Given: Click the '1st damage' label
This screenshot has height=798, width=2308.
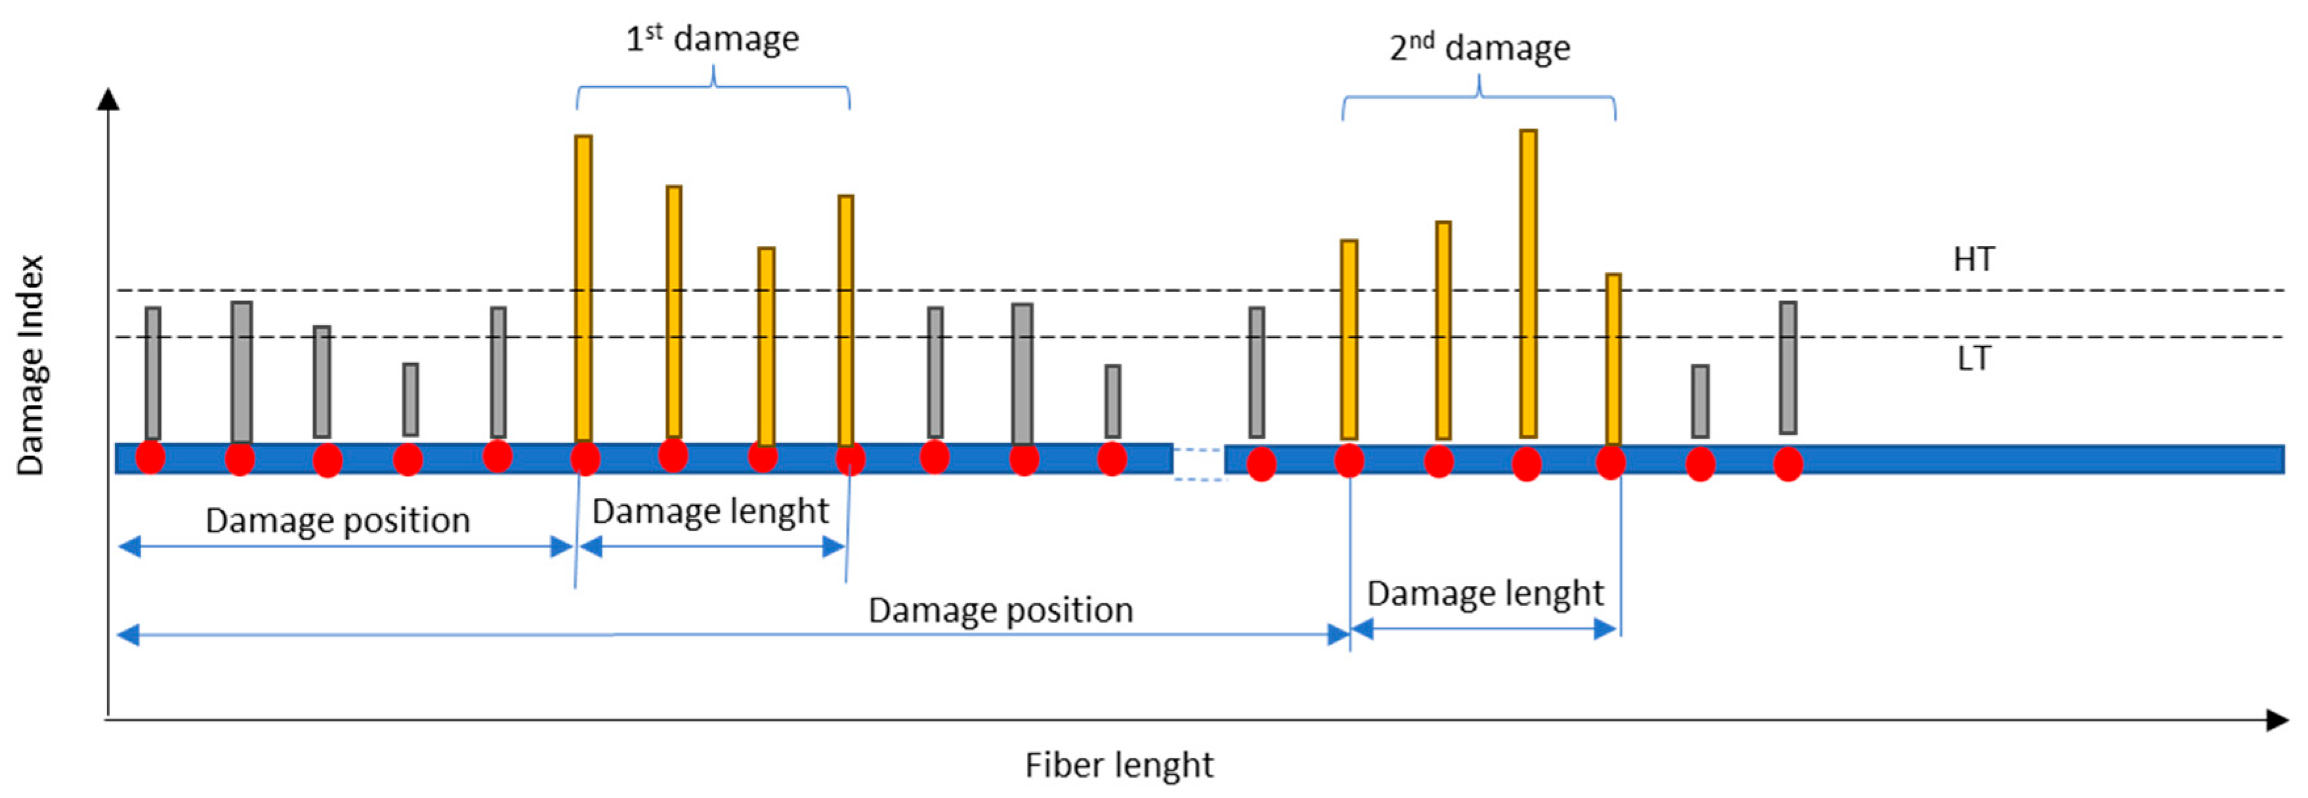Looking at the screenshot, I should [x=711, y=39].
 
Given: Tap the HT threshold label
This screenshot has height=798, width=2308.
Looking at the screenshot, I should [x=1973, y=260].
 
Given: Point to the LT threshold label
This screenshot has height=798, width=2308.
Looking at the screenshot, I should [x=1973, y=358].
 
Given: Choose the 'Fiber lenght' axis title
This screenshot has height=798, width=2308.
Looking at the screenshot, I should [x=1118, y=766].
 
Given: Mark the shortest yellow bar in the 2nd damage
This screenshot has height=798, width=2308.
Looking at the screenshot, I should [x=1613, y=358].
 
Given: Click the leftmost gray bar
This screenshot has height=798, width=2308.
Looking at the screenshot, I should [x=153, y=373].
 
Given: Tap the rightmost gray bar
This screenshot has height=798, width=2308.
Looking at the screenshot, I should [x=1788, y=367].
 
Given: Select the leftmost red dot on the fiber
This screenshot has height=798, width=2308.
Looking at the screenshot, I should [x=150, y=457].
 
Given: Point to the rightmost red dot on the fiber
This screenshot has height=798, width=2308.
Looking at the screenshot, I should [x=1788, y=464].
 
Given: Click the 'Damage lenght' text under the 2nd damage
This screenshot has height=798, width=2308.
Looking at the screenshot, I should [x=1484, y=594].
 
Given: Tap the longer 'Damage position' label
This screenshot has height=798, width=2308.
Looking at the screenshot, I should [x=1000, y=611].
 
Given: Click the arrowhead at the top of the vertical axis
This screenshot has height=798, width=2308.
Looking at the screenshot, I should [x=108, y=98].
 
